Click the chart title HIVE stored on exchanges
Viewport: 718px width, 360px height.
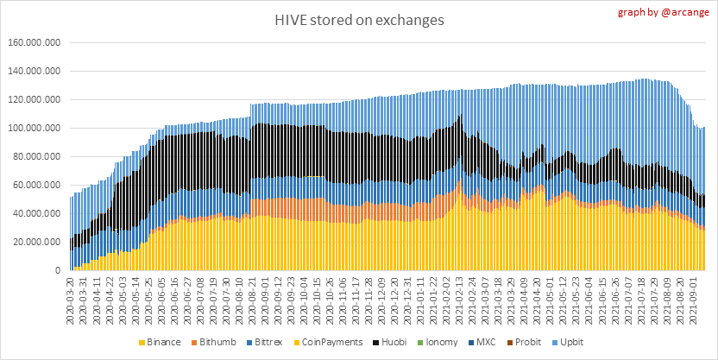(x=358, y=20)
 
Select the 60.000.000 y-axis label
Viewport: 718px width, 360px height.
(x=39, y=185)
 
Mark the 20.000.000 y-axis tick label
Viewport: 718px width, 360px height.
(x=39, y=242)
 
